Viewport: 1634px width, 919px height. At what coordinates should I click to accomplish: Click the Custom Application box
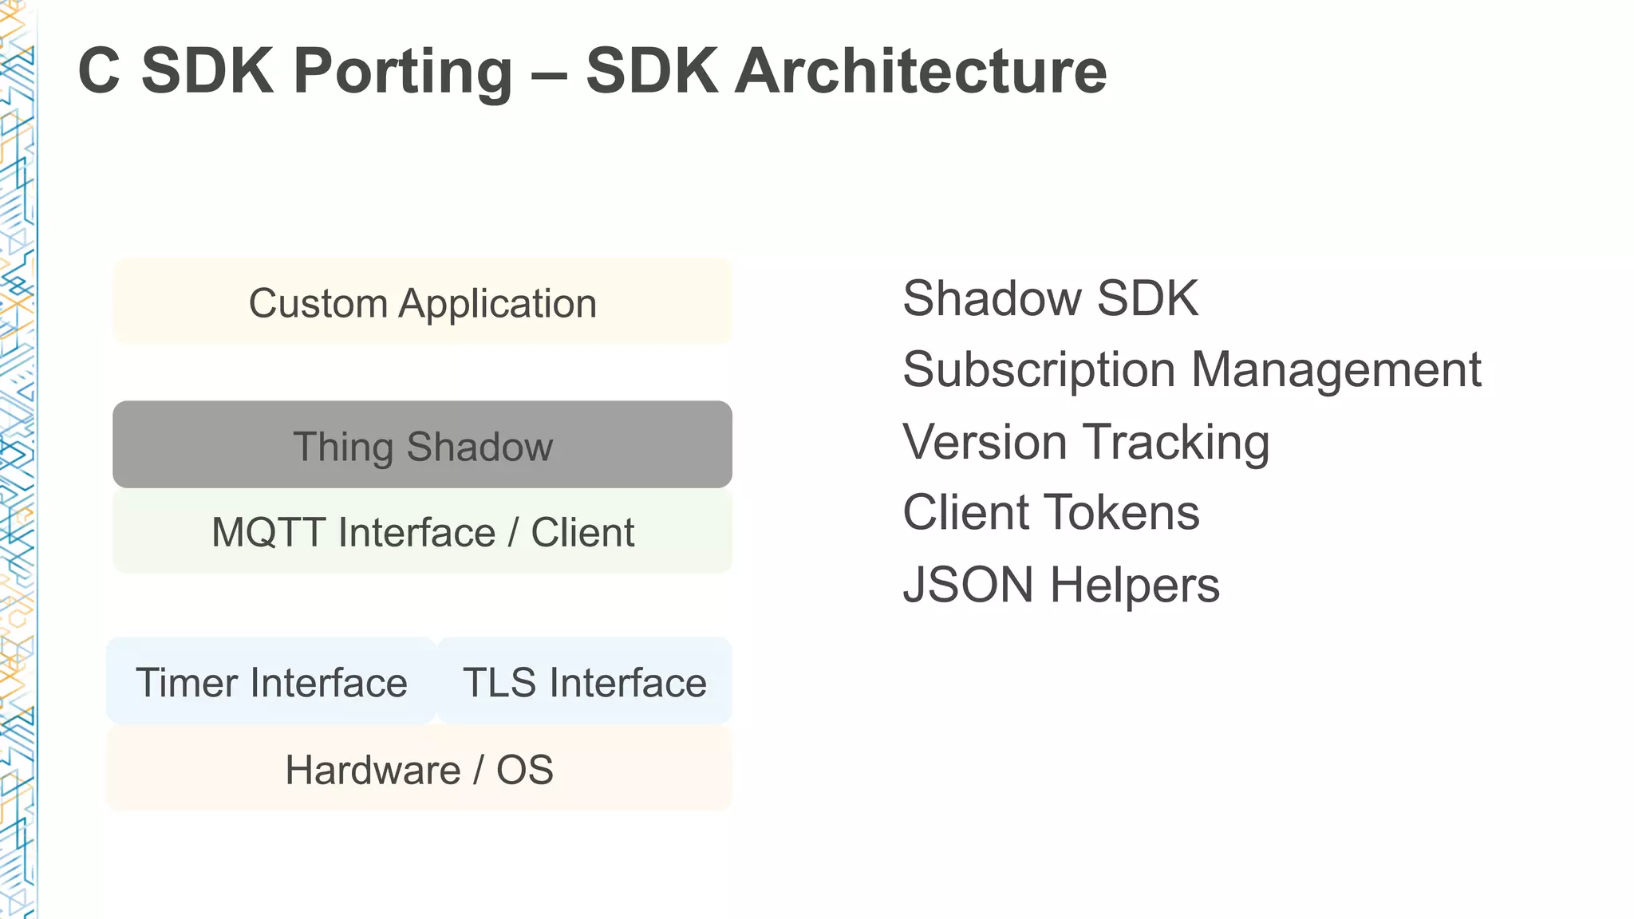[x=422, y=302]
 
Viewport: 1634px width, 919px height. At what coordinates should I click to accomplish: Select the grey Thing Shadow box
[x=422, y=444]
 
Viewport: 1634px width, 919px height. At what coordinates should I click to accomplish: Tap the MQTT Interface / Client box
[x=422, y=531]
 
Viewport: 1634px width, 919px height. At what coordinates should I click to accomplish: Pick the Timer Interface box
[x=271, y=682]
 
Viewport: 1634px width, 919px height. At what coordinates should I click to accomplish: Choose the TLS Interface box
[x=585, y=682]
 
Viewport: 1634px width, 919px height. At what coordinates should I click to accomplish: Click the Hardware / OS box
[x=419, y=769]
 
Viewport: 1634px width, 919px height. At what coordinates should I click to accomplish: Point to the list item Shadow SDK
[x=1050, y=298]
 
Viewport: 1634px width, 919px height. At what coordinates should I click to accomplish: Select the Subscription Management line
[x=1191, y=369]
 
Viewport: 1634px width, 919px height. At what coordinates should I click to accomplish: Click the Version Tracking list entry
[x=1085, y=441]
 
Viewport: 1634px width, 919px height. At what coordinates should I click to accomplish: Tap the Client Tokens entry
[x=1051, y=512]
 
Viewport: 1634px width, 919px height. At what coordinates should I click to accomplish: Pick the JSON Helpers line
[x=1060, y=584]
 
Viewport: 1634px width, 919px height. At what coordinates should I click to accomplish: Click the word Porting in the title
[x=403, y=72]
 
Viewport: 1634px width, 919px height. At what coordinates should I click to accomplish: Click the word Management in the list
[x=1336, y=369]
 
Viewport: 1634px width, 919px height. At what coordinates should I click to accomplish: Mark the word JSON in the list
[x=967, y=584]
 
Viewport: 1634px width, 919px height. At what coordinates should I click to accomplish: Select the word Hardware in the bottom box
[x=373, y=770]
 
